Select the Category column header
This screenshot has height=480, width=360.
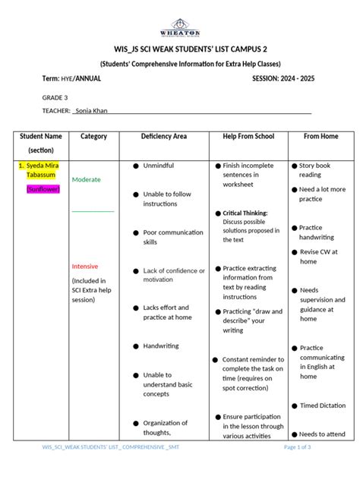pyautogui.click(x=93, y=137)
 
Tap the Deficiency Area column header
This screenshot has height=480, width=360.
pyautogui.click(x=163, y=137)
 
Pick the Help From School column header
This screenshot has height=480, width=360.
pyautogui.click(x=248, y=137)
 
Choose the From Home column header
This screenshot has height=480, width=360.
pyautogui.click(x=321, y=137)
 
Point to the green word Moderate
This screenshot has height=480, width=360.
pyautogui.click(x=86, y=180)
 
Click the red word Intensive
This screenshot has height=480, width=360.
pyautogui.click(x=85, y=267)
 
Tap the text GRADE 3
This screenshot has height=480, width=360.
pyautogui.click(x=55, y=97)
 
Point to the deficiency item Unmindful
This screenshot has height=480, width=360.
pyautogui.click(x=158, y=165)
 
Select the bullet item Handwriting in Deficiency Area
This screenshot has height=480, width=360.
pyautogui.click(x=161, y=346)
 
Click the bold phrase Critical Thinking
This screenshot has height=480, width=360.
pyautogui.click(x=245, y=213)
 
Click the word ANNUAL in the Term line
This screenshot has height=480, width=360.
pyautogui.click(x=89, y=79)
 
